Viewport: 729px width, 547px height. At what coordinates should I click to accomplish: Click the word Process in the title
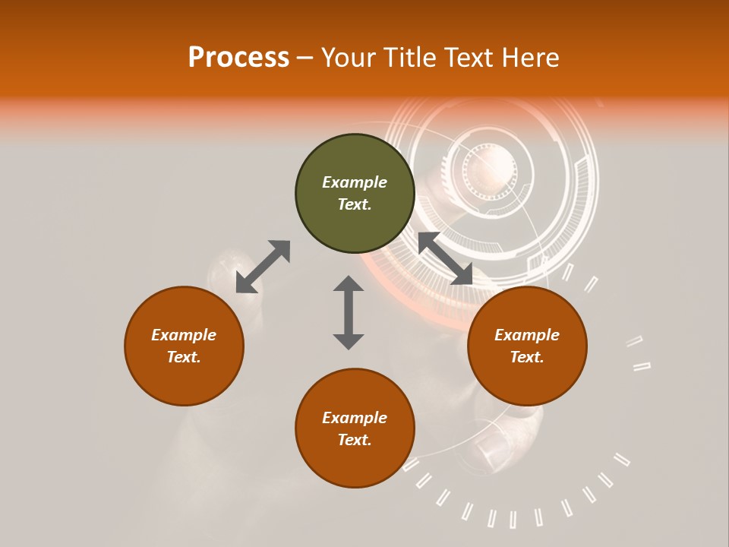point(238,58)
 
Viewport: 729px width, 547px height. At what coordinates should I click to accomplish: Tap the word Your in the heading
point(349,58)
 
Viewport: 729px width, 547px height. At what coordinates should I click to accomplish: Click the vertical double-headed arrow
point(349,312)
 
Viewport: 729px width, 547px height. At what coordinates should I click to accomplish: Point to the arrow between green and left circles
point(263,267)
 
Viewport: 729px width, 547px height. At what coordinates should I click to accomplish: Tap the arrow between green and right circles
point(445,258)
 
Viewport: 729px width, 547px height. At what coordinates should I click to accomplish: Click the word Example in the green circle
point(355,182)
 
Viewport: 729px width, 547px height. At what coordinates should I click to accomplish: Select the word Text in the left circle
point(184,357)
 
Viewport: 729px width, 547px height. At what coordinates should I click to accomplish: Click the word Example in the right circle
point(527,335)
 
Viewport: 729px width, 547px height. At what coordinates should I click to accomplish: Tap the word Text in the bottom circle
point(355,440)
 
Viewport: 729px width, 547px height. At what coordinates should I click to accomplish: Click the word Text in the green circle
point(355,204)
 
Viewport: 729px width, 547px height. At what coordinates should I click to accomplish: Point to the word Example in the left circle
point(184,335)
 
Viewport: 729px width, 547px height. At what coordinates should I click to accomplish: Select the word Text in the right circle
point(527,357)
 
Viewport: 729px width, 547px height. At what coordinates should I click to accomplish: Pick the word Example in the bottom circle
point(355,418)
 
